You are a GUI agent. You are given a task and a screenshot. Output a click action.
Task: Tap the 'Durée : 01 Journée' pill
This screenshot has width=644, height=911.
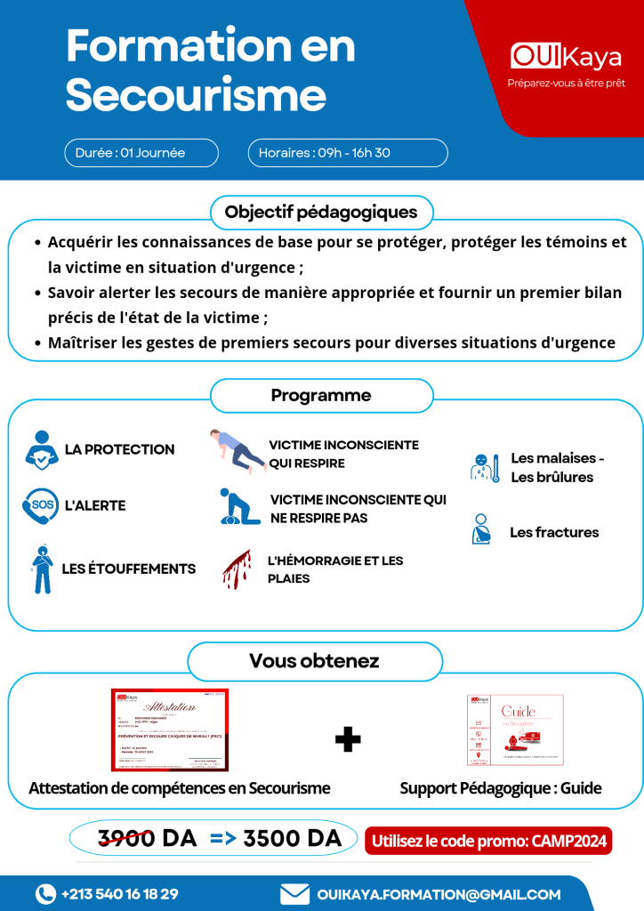coord(141,153)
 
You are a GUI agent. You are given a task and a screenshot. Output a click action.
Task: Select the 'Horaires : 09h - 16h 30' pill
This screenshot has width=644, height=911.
coord(347,153)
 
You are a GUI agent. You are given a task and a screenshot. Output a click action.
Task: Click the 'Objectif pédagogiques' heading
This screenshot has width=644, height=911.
coord(321,213)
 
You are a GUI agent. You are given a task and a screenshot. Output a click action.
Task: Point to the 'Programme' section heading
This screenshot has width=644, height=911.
coord(321,395)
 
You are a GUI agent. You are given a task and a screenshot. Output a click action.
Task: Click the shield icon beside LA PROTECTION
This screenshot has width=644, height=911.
coord(41,450)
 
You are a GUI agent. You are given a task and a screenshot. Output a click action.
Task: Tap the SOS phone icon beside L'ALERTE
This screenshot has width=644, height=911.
coord(40,506)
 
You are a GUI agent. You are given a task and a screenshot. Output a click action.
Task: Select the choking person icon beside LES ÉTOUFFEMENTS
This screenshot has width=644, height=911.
coord(41,569)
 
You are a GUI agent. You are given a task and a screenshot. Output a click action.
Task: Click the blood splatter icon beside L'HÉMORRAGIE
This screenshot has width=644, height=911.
coord(237,569)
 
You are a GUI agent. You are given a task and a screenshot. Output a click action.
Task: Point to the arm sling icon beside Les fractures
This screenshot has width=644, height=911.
coord(481,530)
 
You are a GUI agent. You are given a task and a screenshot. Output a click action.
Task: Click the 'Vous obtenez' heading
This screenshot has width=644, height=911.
coord(314,661)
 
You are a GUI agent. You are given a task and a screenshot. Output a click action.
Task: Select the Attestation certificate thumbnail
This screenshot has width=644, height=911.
coord(169,730)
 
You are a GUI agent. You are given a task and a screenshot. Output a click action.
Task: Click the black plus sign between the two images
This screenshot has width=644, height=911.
coord(348,738)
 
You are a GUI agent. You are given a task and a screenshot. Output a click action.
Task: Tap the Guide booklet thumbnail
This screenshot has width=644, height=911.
coord(515,730)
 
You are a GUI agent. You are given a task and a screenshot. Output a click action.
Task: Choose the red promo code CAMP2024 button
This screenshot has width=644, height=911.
coord(488,840)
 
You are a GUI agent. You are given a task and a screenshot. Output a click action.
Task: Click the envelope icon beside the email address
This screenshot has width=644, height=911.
coord(294,893)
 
